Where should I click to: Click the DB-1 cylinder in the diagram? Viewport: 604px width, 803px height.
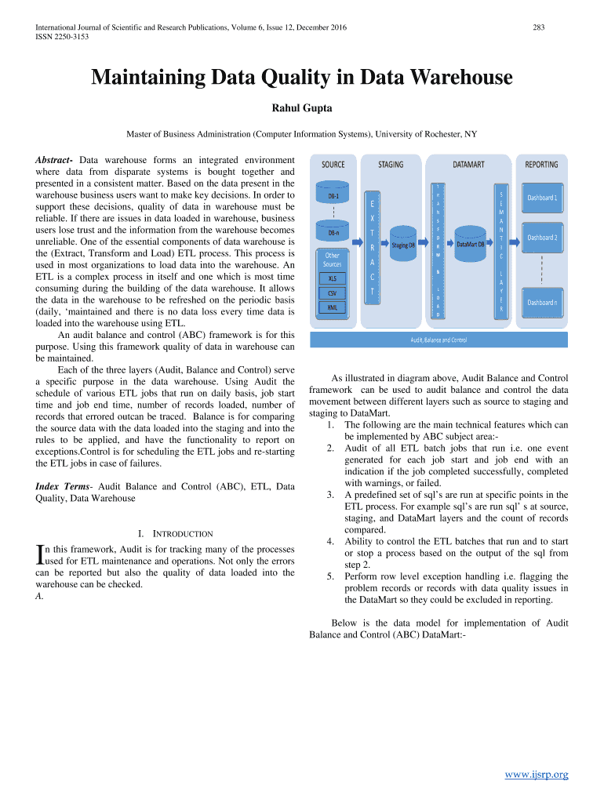(x=334, y=194)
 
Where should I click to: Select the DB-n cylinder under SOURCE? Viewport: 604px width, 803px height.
(x=334, y=232)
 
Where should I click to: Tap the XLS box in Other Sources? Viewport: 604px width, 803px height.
(x=333, y=278)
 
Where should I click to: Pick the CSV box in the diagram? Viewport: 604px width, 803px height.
(x=333, y=292)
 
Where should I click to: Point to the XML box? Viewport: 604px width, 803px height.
(x=333, y=307)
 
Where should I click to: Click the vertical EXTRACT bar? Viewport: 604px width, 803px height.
(x=372, y=248)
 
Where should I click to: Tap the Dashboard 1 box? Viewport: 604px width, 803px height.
(x=542, y=198)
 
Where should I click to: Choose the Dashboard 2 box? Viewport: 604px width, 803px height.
(x=542, y=237)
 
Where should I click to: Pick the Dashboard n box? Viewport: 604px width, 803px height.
(x=542, y=302)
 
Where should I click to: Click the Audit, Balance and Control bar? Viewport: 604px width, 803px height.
(x=438, y=340)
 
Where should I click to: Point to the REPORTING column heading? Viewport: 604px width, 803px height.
(x=541, y=165)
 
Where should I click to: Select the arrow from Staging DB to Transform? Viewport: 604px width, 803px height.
(x=424, y=235)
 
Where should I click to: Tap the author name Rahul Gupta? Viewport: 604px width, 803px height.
(x=301, y=107)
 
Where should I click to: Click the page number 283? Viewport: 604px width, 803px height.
(x=539, y=28)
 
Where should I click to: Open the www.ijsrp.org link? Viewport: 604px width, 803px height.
(x=537, y=775)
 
